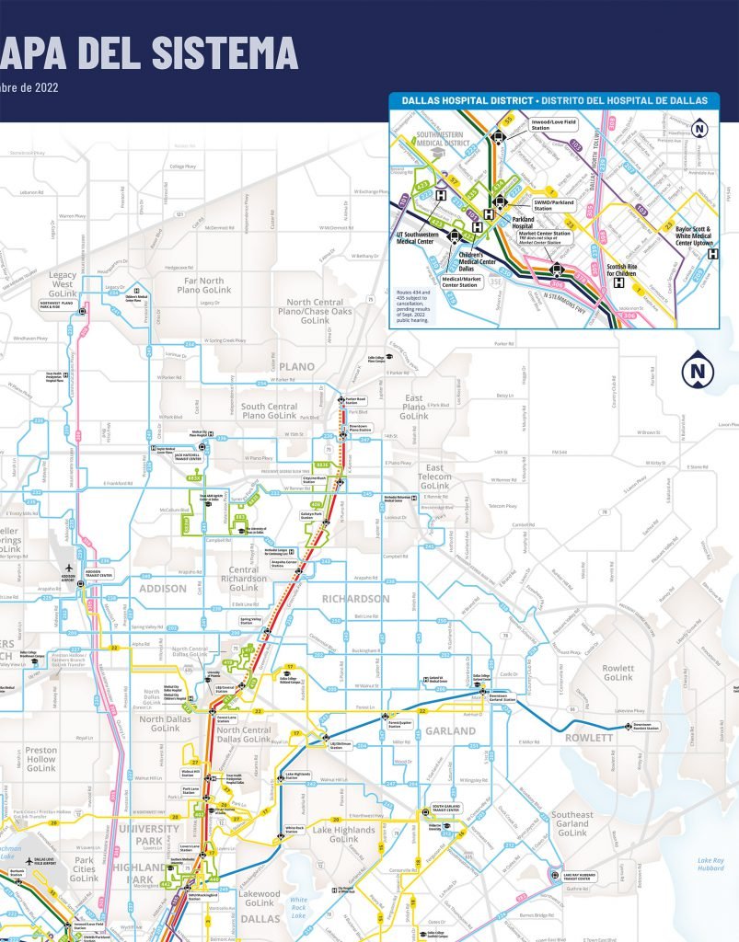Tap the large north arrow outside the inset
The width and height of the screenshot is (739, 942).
[698, 372]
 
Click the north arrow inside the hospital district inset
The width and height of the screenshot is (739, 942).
[699, 129]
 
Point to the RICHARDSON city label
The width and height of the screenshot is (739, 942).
[356, 598]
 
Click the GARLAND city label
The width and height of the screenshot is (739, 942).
[450, 731]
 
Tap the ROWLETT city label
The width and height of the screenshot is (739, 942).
[589, 738]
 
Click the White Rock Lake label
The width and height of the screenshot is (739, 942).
[299, 905]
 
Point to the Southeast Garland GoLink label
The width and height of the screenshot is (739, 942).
[572, 823]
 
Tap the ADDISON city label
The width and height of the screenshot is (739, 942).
[163, 588]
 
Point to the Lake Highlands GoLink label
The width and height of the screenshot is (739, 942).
[343, 833]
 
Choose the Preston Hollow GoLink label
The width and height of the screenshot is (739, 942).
[40, 759]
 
